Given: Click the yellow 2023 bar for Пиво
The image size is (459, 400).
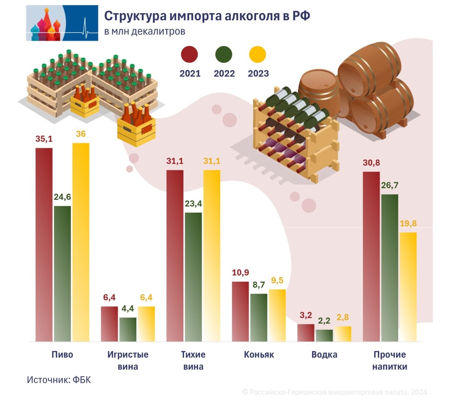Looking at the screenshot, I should point(81,242).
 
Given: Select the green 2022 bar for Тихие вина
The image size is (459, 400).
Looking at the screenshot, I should point(193,277).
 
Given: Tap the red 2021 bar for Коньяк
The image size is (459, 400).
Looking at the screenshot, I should point(240,311).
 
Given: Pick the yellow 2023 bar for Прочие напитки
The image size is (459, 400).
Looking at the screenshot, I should point(408,287).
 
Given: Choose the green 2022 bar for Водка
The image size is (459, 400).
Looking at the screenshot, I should point(324,335).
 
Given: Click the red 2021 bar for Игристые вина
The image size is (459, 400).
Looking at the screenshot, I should point(109,324).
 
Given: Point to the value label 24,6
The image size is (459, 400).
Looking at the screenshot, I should point(62,196).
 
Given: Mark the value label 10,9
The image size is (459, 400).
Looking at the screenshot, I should point(240,273).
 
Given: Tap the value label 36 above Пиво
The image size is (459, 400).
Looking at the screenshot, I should point(81,134).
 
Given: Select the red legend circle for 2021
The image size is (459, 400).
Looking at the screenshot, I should point(190,55).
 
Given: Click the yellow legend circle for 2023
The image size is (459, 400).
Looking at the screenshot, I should point(257,55).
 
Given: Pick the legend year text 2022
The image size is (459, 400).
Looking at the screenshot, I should point(224,73).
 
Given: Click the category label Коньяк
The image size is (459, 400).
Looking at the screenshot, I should point(259,355).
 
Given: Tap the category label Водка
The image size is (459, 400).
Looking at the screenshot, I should point(324,355).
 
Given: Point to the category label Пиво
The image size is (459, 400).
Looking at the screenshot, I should point(62,355).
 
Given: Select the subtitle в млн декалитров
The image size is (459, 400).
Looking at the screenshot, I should point(144,32).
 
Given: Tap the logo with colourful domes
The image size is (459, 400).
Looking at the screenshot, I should point(62,23).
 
